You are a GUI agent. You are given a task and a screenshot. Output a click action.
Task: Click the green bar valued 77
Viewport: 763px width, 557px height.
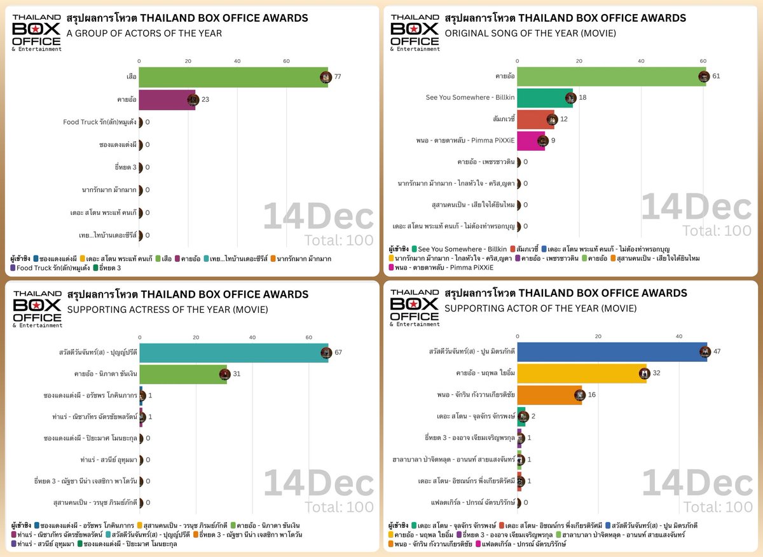(x=233, y=77)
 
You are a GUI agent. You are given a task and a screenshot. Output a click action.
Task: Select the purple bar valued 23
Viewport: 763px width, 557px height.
(x=167, y=100)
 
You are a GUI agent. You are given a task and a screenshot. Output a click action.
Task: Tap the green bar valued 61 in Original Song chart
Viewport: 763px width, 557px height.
(x=611, y=76)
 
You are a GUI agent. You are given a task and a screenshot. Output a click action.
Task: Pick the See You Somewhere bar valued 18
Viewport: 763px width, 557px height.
(x=545, y=98)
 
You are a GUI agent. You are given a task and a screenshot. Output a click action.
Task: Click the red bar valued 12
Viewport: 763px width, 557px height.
(x=535, y=120)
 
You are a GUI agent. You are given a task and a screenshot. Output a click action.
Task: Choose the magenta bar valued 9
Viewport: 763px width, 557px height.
(x=531, y=141)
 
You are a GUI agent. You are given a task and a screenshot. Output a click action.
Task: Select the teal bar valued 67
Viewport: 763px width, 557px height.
(x=233, y=352)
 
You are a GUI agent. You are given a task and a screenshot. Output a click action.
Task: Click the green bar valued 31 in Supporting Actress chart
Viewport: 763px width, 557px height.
(x=183, y=374)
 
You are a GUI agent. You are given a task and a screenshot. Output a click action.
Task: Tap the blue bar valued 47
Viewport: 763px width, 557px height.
(x=612, y=352)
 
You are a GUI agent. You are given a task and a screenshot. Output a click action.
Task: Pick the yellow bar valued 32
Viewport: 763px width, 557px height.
(x=582, y=373)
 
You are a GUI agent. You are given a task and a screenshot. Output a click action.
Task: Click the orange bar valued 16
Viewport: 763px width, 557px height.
(x=549, y=395)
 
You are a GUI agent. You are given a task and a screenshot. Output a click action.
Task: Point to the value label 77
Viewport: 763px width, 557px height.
(x=338, y=77)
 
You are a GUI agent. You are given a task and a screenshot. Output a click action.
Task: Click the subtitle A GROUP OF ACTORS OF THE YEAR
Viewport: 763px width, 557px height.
(x=144, y=33)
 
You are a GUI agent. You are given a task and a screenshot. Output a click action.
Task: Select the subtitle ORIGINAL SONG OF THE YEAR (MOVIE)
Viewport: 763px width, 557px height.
(x=530, y=33)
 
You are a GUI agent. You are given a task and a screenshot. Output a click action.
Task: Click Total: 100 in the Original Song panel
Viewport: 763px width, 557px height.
(x=718, y=231)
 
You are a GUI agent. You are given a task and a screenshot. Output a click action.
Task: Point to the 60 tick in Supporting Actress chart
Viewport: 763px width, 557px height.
(x=308, y=338)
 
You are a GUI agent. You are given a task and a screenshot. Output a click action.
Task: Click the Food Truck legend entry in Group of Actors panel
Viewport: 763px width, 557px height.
(x=48, y=268)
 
